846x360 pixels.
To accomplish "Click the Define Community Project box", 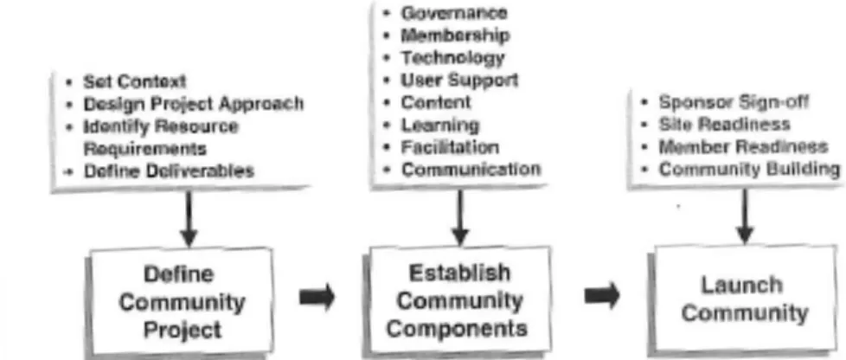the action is point(181,302).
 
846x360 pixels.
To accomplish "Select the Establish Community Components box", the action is point(458,300).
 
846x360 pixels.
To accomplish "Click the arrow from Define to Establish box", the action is point(317,297).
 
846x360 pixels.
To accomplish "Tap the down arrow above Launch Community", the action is point(745,215).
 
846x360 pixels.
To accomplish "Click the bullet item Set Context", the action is point(134,81).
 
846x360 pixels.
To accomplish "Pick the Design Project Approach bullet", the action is point(193,103).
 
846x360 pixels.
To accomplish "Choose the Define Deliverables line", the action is point(169,171).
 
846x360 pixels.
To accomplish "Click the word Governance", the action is point(454,13).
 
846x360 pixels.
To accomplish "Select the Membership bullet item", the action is point(455,35).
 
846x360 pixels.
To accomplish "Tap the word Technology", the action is point(452,58).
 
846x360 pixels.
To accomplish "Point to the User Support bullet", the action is point(459,80).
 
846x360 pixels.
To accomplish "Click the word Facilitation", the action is point(450,147).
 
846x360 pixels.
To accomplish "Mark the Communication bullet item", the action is point(471,169).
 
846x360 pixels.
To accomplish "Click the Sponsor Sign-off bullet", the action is point(734,102).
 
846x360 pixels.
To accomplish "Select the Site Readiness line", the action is point(724,124).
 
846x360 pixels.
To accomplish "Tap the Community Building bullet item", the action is point(749,170).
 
